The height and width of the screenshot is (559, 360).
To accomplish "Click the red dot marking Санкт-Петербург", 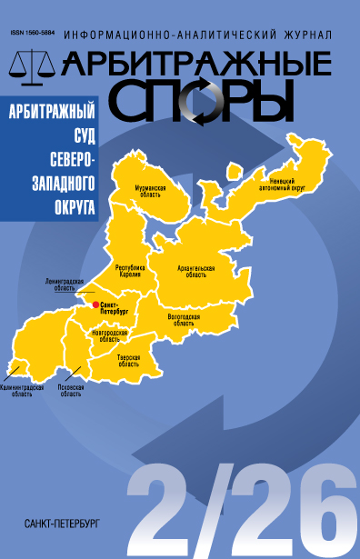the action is (95, 304).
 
